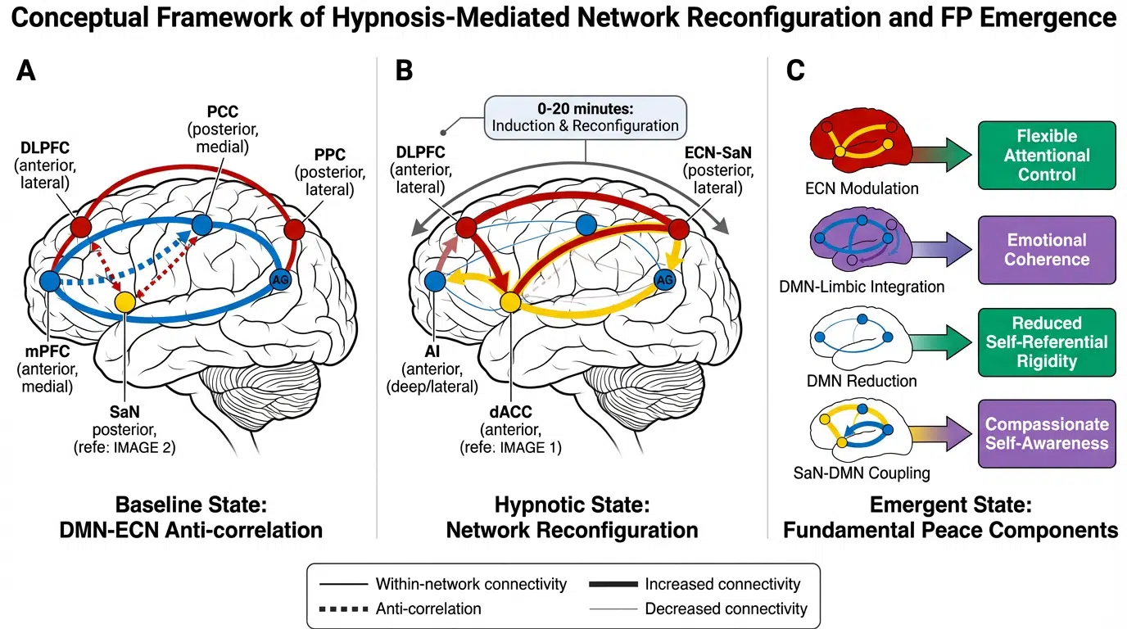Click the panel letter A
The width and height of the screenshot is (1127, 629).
click(x=26, y=71)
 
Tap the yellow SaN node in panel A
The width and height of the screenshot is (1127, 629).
click(x=124, y=301)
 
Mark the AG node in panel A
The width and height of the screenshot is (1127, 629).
click(x=280, y=281)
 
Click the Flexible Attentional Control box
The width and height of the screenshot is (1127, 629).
click(x=1047, y=155)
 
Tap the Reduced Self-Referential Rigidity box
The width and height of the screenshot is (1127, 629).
click(x=1046, y=342)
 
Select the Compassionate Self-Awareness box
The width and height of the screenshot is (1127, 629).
click(x=1046, y=434)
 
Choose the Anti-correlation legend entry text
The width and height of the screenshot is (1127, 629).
click(x=428, y=609)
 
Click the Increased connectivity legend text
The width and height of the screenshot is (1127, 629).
click(x=722, y=584)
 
